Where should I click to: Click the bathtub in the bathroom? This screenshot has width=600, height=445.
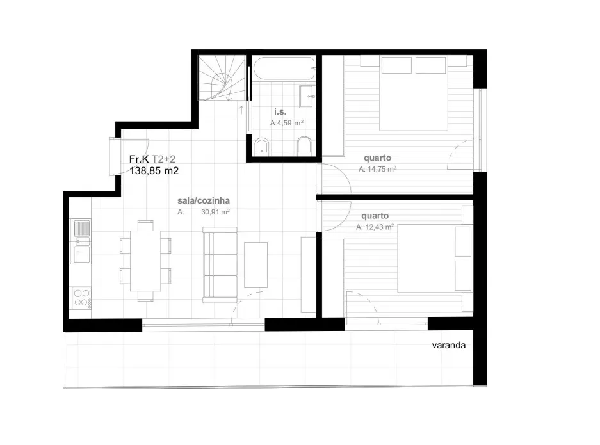(284, 68)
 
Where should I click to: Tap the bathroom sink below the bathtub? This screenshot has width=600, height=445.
(307, 97)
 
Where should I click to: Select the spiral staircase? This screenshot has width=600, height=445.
(222, 77)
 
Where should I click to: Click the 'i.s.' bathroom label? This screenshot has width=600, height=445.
(280, 111)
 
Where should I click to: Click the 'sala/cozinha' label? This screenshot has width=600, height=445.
(204, 200)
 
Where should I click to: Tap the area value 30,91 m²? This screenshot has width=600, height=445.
(215, 211)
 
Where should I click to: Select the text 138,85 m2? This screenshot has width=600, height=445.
(154, 171)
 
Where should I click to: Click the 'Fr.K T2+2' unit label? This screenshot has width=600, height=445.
(152, 159)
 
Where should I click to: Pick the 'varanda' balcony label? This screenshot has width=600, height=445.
(449, 345)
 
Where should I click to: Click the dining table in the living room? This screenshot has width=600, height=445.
(145, 261)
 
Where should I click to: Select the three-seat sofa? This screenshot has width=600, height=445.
(220, 265)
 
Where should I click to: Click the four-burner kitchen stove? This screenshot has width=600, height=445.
(81, 298)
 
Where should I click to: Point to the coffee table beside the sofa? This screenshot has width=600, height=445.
(255, 265)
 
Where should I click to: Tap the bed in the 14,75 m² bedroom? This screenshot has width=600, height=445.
(413, 93)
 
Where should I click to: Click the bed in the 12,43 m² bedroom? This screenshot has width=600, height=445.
(435, 258)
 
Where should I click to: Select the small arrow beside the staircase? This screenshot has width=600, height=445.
(242, 110)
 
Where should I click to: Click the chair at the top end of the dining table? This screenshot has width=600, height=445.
(145, 225)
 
